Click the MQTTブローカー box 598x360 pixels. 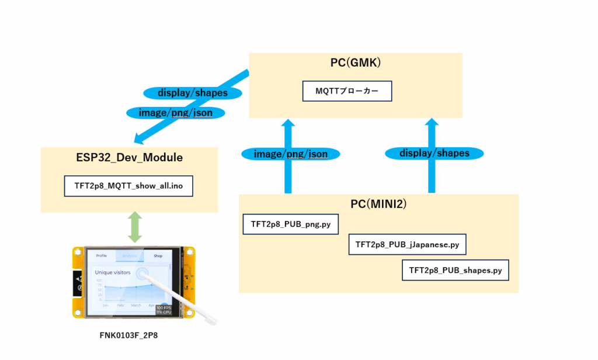click(347, 91)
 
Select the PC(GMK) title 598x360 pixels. click(356, 63)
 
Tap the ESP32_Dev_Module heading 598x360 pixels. click(129, 157)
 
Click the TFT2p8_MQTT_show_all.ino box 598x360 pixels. click(128, 186)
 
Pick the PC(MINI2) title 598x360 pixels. click(378, 205)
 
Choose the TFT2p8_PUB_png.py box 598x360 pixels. click(290, 224)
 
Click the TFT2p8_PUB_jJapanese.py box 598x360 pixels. click(407, 244)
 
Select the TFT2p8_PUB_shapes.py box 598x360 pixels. click(455, 271)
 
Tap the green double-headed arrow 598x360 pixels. click(135, 227)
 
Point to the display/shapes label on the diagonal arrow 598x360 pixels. click(192, 93)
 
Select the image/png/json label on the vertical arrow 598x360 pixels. click(290, 154)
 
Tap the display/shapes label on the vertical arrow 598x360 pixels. click(434, 153)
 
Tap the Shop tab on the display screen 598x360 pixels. click(158, 255)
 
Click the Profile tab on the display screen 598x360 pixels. click(102, 255)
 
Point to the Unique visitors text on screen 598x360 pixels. click(113, 272)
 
